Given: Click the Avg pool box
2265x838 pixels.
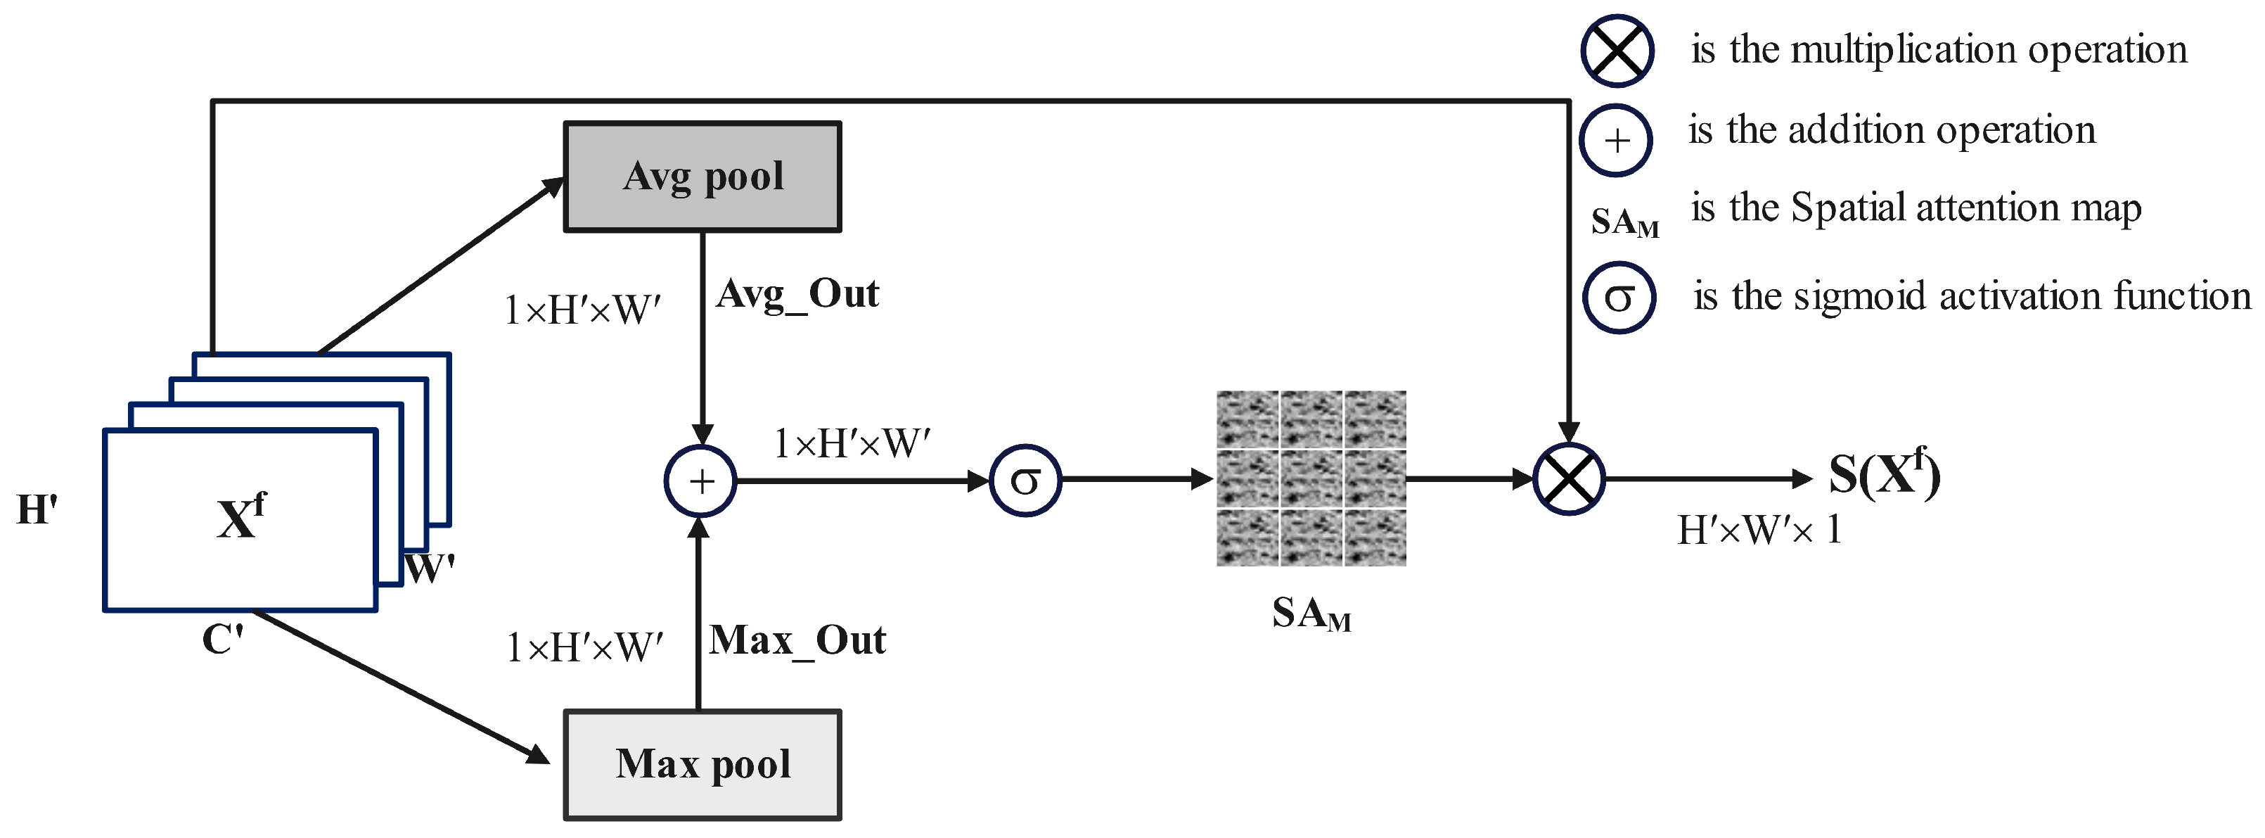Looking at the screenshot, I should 702,177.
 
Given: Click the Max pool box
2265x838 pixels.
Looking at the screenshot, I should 702,764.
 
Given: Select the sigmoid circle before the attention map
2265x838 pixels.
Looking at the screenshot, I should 1025,480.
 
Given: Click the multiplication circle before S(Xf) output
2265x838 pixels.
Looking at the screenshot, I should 1569,479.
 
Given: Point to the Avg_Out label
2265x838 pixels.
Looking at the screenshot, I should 797,293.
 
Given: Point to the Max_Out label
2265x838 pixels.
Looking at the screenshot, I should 797,640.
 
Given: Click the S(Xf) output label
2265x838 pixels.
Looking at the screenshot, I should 1883,474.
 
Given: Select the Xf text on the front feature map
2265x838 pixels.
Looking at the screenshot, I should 239,517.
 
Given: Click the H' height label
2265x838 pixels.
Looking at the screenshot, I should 37,510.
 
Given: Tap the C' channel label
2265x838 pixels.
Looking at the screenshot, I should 222,640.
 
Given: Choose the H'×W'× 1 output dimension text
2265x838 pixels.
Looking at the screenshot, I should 1759,531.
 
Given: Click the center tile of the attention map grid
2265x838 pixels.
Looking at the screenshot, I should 1311,478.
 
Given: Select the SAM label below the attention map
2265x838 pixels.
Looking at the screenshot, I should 1310,614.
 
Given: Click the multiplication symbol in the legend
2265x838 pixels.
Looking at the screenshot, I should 1617,51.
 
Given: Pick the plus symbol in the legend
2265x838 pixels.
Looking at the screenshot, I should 1616,141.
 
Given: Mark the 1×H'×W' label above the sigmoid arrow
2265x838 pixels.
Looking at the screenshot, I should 851,444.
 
